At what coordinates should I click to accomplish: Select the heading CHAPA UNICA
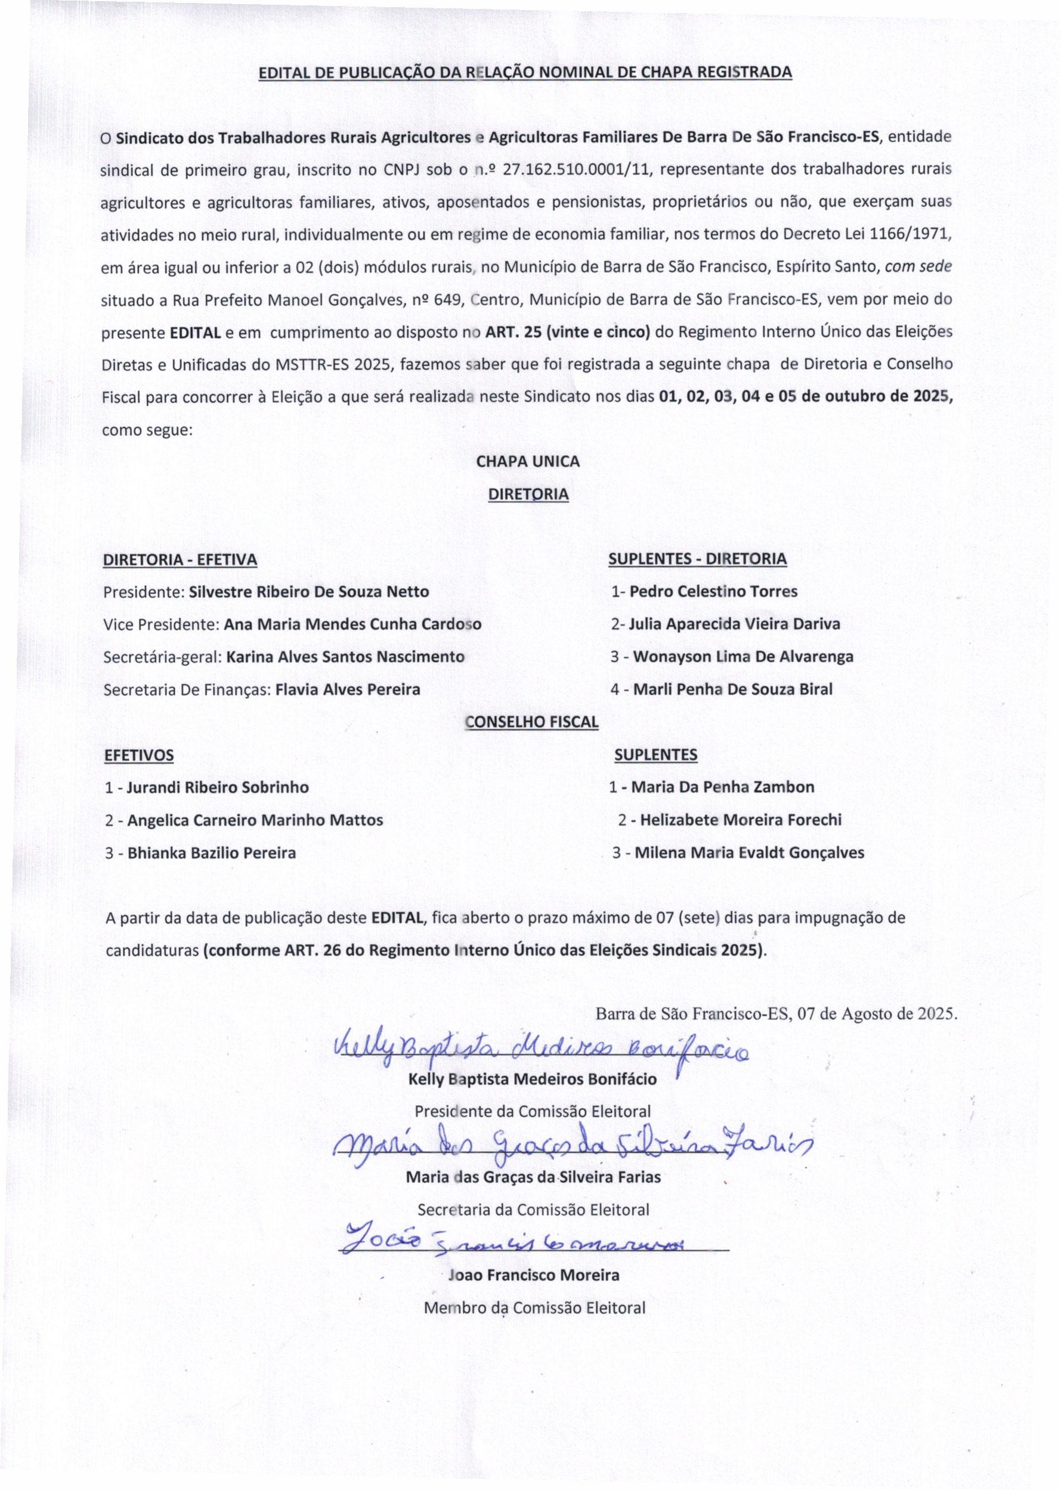pos(527,461)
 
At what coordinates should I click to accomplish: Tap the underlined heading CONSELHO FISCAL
pos(531,722)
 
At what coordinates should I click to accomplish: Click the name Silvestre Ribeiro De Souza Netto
pos(308,592)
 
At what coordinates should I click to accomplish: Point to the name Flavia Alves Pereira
pos(348,689)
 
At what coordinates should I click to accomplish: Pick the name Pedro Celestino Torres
pos(713,591)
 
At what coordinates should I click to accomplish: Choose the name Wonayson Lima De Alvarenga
pos(743,657)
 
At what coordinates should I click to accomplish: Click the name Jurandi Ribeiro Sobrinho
pos(218,787)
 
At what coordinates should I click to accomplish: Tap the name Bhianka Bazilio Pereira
pos(212,852)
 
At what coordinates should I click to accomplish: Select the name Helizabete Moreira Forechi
pos(740,820)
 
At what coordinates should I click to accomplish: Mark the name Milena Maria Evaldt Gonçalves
pos(749,852)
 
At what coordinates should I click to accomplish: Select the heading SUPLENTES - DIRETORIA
pos(697,559)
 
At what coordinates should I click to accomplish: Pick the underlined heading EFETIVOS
pos(139,755)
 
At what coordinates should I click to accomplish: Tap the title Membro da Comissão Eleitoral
pos(534,1307)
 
